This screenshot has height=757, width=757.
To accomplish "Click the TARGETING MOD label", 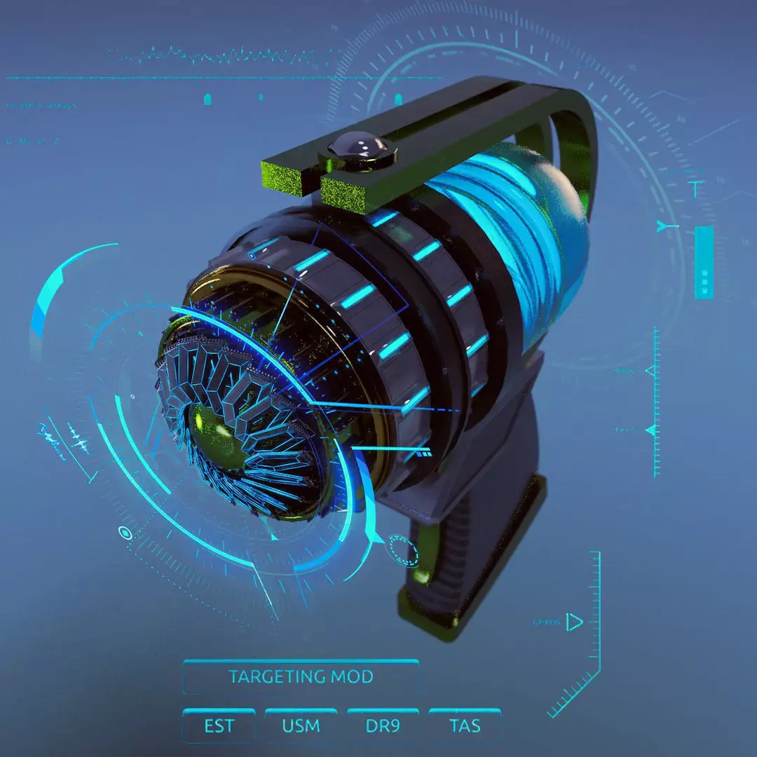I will (x=300, y=677).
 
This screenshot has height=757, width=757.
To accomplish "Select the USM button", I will (x=301, y=725).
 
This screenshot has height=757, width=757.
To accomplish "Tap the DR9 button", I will (x=383, y=725).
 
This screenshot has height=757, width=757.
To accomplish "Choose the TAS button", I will (x=465, y=725).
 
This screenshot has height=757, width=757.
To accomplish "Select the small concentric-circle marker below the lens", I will (x=125, y=533).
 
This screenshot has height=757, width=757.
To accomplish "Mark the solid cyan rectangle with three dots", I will (x=704, y=262).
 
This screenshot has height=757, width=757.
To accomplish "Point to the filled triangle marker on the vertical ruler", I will (x=653, y=429).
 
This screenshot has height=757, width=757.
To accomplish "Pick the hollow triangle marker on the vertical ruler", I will (x=652, y=370).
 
